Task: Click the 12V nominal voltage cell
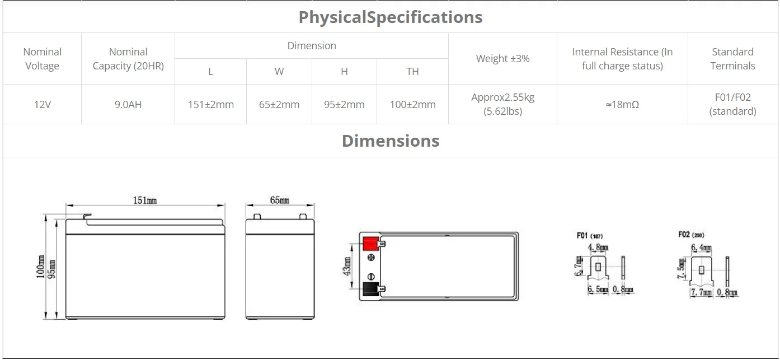pyautogui.click(x=42, y=104)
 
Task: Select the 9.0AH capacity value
pyautogui.click(x=128, y=104)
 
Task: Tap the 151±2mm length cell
pyautogui.click(x=211, y=104)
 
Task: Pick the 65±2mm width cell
pyautogui.click(x=279, y=104)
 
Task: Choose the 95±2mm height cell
pyautogui.click(x=344, y=104)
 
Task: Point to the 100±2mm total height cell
pyautogui.click(x=412, y=104)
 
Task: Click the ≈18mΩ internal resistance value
pyautogui.click(x=622, y=104)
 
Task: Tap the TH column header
pyautogui.click(x=412, y=72)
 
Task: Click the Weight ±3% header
pyautogui.click(x=502, y=58)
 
